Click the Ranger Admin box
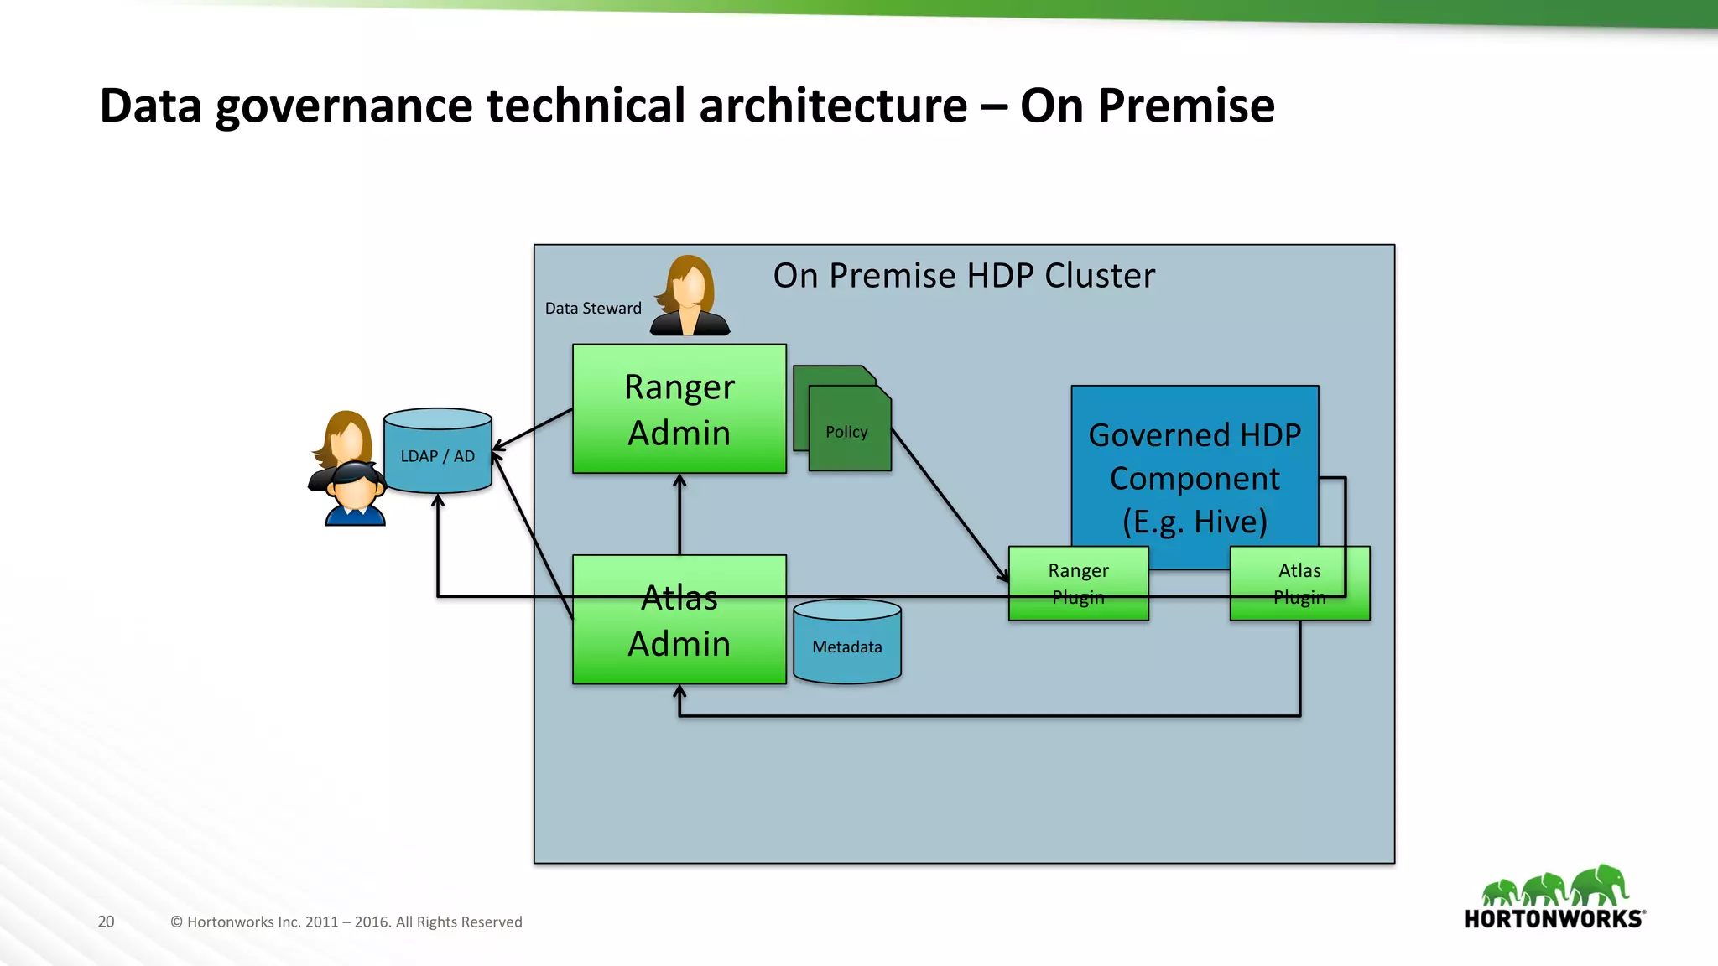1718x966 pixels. click(x=679, y=409)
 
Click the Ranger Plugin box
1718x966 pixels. click(x=1078, y=584)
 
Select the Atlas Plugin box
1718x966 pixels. click(x=1299, y=584)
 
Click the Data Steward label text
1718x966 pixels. click(x=593, y=309)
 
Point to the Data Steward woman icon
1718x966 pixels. click(x=690, y=297)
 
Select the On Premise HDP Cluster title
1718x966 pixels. click(x=963, y=276)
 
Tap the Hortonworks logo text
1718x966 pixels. click(x=1554, y=919)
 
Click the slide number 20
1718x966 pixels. click(x=106, y=922)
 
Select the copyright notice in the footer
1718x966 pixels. click(x=346, y=922)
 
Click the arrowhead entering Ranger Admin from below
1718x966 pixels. click(x=679, y=481)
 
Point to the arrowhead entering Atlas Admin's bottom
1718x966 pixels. click(x=679, y=692)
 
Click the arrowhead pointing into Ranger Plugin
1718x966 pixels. click(x=1003, y=576)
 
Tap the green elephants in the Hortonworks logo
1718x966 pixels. click(x=1554, y=885)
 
